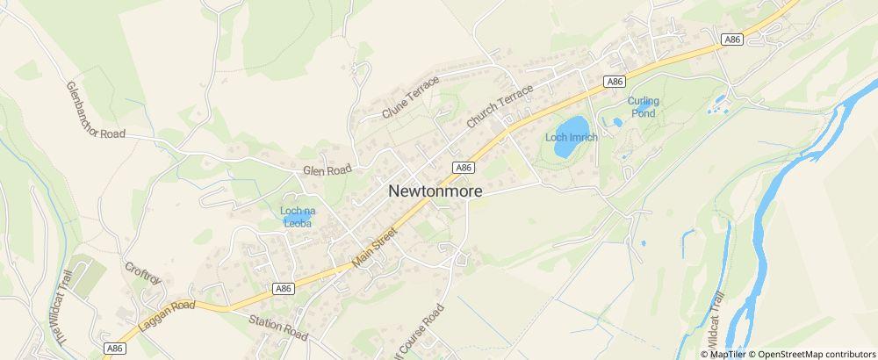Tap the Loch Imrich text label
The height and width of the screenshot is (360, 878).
(x=571, y=137)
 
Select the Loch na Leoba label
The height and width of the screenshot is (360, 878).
(x=297, y=217)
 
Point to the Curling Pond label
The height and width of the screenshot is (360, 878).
(x=643, y=107)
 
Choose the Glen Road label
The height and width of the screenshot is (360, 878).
(x=327, y=169)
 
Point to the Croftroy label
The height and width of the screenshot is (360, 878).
(x=142, y=272)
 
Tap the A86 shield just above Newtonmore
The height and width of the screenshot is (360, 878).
(x=464, y=167)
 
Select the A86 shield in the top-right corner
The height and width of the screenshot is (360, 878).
(x=730, y=40)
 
